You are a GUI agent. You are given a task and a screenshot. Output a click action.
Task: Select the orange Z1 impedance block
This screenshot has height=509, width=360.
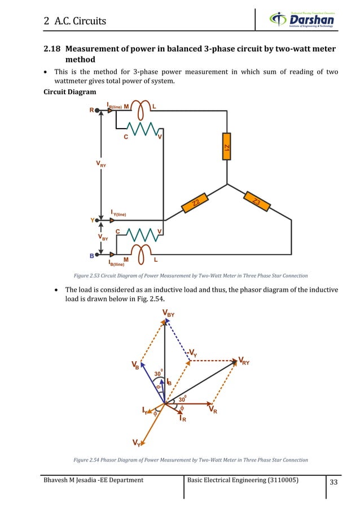[x=226, y=147]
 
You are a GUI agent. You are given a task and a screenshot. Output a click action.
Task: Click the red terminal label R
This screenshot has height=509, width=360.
[x=91, y=111]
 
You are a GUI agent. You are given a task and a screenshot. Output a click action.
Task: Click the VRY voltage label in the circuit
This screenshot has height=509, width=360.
[x=101, y=164]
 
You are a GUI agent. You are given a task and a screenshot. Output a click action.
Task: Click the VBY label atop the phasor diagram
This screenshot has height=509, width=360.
[x=168, y=313]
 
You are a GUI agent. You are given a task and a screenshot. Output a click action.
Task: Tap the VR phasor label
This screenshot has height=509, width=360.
[x=214, y=410]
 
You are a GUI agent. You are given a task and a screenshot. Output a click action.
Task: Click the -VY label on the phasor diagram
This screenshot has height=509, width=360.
[x=192, y=353]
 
